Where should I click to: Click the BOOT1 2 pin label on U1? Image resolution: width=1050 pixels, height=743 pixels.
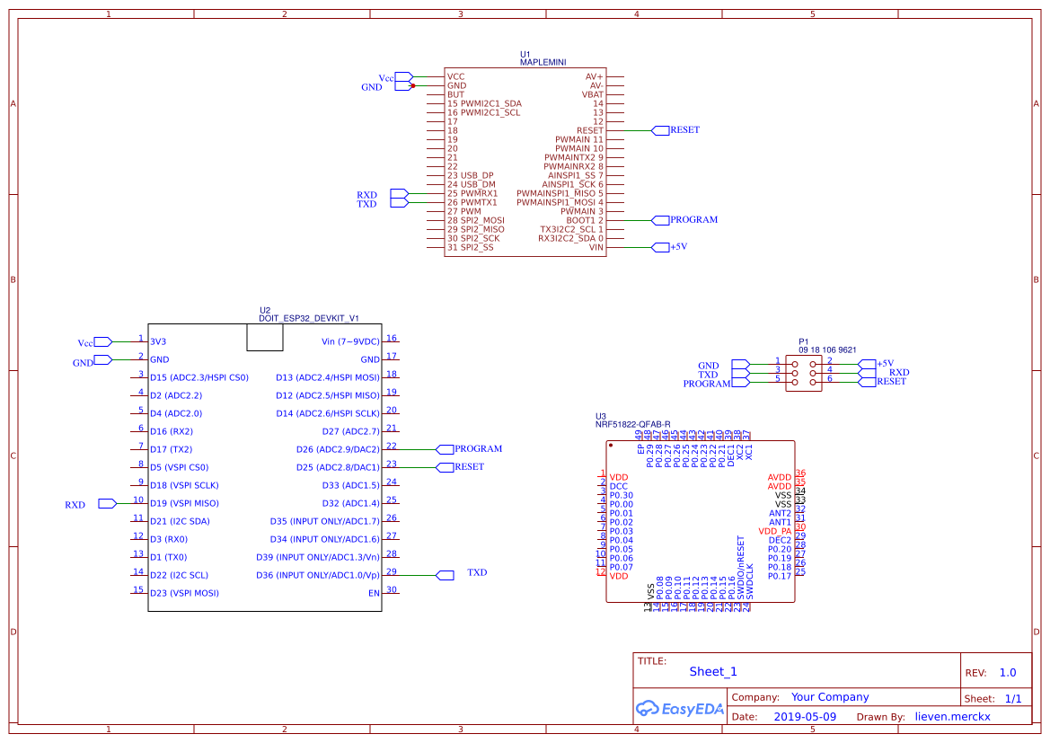pyautogui.click(x=585, y=220)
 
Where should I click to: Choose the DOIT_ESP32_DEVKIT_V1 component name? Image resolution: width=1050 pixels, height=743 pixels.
pyautogui.click(x=309, y=318)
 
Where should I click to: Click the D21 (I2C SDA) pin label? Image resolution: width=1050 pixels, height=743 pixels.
pyautogui.click(x=180, y=521)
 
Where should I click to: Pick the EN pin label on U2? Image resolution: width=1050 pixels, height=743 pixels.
pyautogui.click(x=374, y=593)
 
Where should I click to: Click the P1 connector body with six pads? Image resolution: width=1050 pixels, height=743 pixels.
pyautogui.click(x=803, y=372)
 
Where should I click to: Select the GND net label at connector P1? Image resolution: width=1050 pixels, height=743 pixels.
pyautogui.click(x=708, y=366)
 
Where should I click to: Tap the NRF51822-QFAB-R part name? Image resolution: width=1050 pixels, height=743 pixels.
pyautogui.click(x=632, y=424)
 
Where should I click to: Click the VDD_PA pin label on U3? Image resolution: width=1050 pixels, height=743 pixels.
pyautogui.click(x=774, y=531)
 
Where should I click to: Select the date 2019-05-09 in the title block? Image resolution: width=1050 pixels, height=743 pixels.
pyautogui.click(x=804, y=717)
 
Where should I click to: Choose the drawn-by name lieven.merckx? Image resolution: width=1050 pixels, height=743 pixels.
pyautogui.click(x=952, y=717)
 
